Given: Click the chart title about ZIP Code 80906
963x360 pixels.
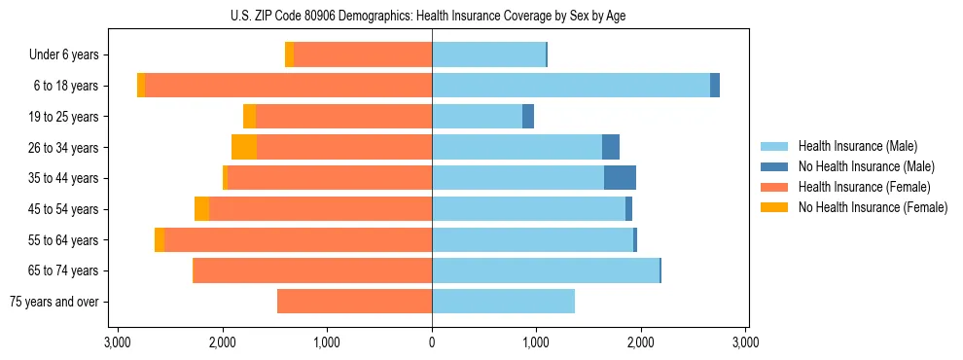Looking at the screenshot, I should [x=432, y=16].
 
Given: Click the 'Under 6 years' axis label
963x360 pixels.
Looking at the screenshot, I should [x=64, y=54].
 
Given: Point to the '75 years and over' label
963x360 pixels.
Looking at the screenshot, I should [x=54, y=302].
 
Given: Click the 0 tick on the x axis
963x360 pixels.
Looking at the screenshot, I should [x=432, y=343].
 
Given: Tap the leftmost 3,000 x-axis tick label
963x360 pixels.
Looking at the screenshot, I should [x=117, y=343].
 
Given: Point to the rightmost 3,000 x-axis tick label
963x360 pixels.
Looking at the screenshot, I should [x=745, y=343].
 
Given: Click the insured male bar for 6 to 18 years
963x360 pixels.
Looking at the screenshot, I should [x=571, y=86].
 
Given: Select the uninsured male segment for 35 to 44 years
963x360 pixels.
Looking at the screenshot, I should [x=620, y=178].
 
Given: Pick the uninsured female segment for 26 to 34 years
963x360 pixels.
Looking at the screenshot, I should [x=244, y=147].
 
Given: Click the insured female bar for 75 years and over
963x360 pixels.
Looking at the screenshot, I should [x=354, y=302].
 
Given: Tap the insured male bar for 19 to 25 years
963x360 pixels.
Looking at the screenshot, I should [x=477, y=117].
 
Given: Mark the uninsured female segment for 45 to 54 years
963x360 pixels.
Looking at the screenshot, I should [x=201, y=209].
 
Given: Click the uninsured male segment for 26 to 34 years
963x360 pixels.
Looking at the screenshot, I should [x=611, y=147].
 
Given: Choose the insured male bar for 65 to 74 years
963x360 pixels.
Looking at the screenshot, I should [x=545, y=270].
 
